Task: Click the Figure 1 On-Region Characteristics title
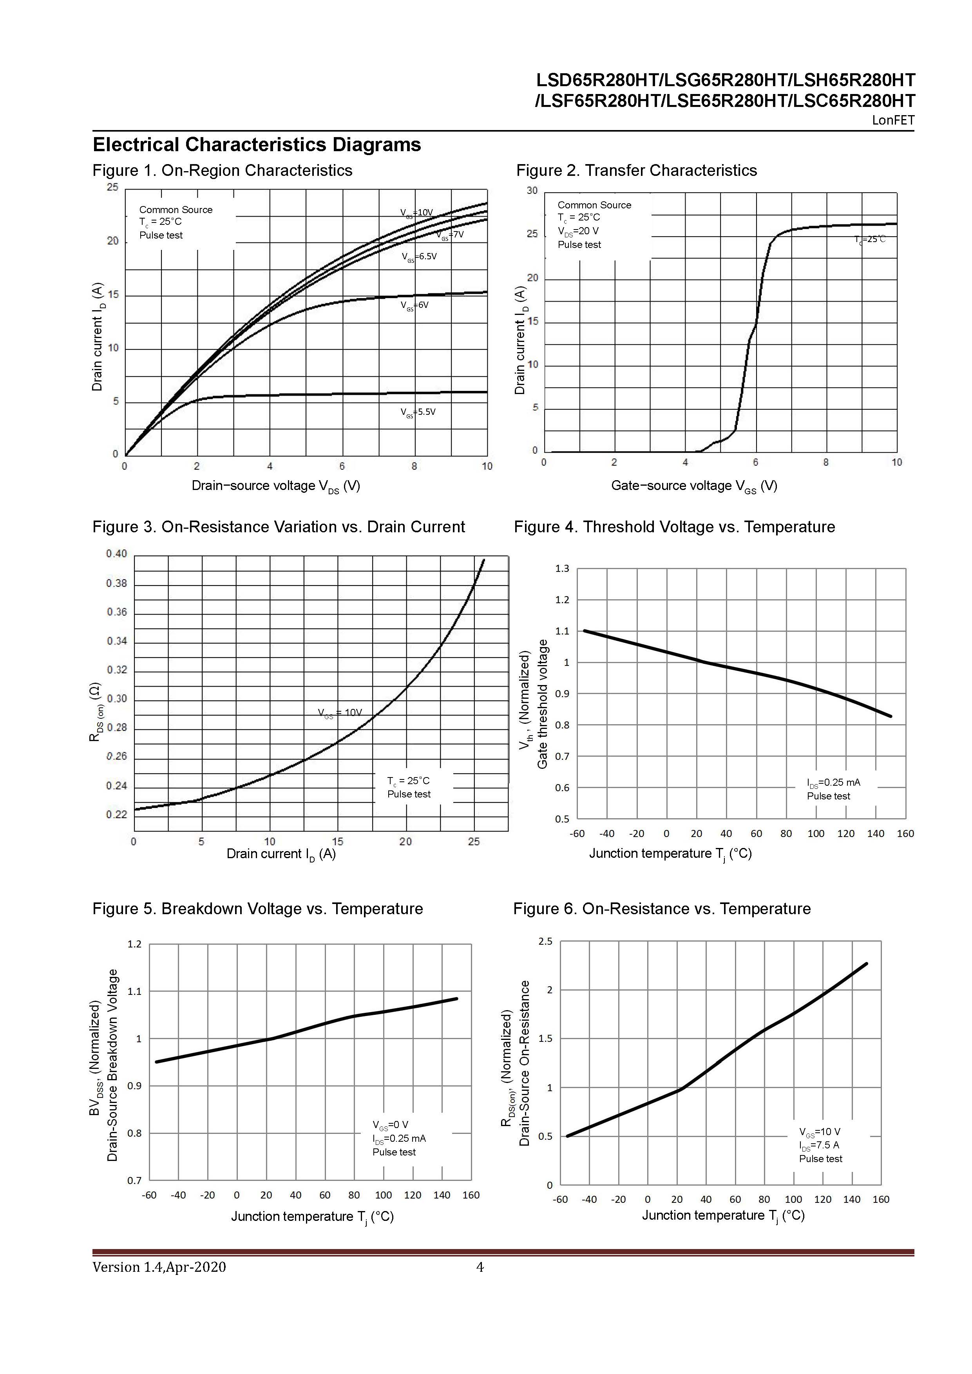coord(222,170)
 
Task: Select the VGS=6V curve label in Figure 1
coord(415,305)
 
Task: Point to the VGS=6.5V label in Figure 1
coord(419,257)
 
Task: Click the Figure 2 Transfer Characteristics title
coord(636,170)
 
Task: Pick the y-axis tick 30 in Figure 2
coord(532,191)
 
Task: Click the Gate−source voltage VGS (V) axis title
coord(694,486)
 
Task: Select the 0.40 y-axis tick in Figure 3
coord(117,554)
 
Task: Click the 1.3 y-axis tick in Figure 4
coord(562,568)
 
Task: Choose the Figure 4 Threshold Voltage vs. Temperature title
coord(674,527)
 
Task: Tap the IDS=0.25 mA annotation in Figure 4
coord(833,783)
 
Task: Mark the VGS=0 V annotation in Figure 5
coord(390,1126)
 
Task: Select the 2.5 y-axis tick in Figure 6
coord(545,942)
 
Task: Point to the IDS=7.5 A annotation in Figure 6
coord(819,1145)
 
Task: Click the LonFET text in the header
coord(893,120)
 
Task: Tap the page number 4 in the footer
coord(480,1267)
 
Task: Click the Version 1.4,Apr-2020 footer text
coord(159,1267)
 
